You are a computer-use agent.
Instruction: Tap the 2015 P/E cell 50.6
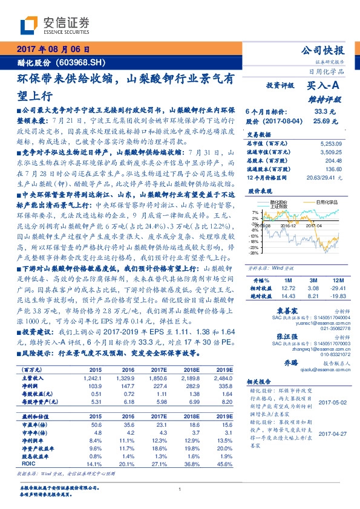click(x=94, y=426)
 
